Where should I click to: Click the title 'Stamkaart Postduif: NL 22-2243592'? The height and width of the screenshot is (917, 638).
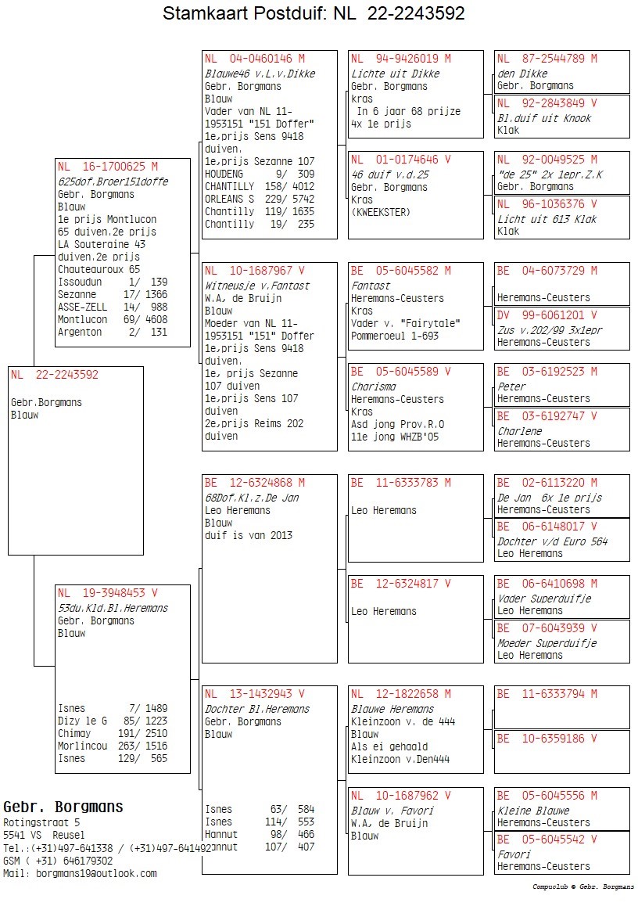(314, 13)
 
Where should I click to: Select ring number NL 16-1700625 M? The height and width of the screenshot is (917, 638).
(107, 166)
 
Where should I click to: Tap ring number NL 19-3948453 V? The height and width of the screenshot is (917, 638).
(107, 593)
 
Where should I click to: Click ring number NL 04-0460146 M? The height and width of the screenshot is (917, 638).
(254, 58)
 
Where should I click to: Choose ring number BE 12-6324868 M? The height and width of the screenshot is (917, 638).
(254, 483)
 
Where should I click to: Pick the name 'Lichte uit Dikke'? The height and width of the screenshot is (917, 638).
(395, 74)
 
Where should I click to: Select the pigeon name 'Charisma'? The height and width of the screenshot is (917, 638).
(373, 387)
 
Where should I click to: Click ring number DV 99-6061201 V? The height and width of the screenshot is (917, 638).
(547, 315)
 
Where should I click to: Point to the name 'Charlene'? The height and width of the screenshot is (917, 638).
(520, 431)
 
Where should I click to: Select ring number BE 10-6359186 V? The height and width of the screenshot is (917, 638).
(547, 739)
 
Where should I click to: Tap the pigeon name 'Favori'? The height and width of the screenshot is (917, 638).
(514, 854)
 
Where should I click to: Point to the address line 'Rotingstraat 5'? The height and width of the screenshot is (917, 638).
(41, 822)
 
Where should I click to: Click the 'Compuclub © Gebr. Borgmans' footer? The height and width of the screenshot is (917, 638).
(583, 887)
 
